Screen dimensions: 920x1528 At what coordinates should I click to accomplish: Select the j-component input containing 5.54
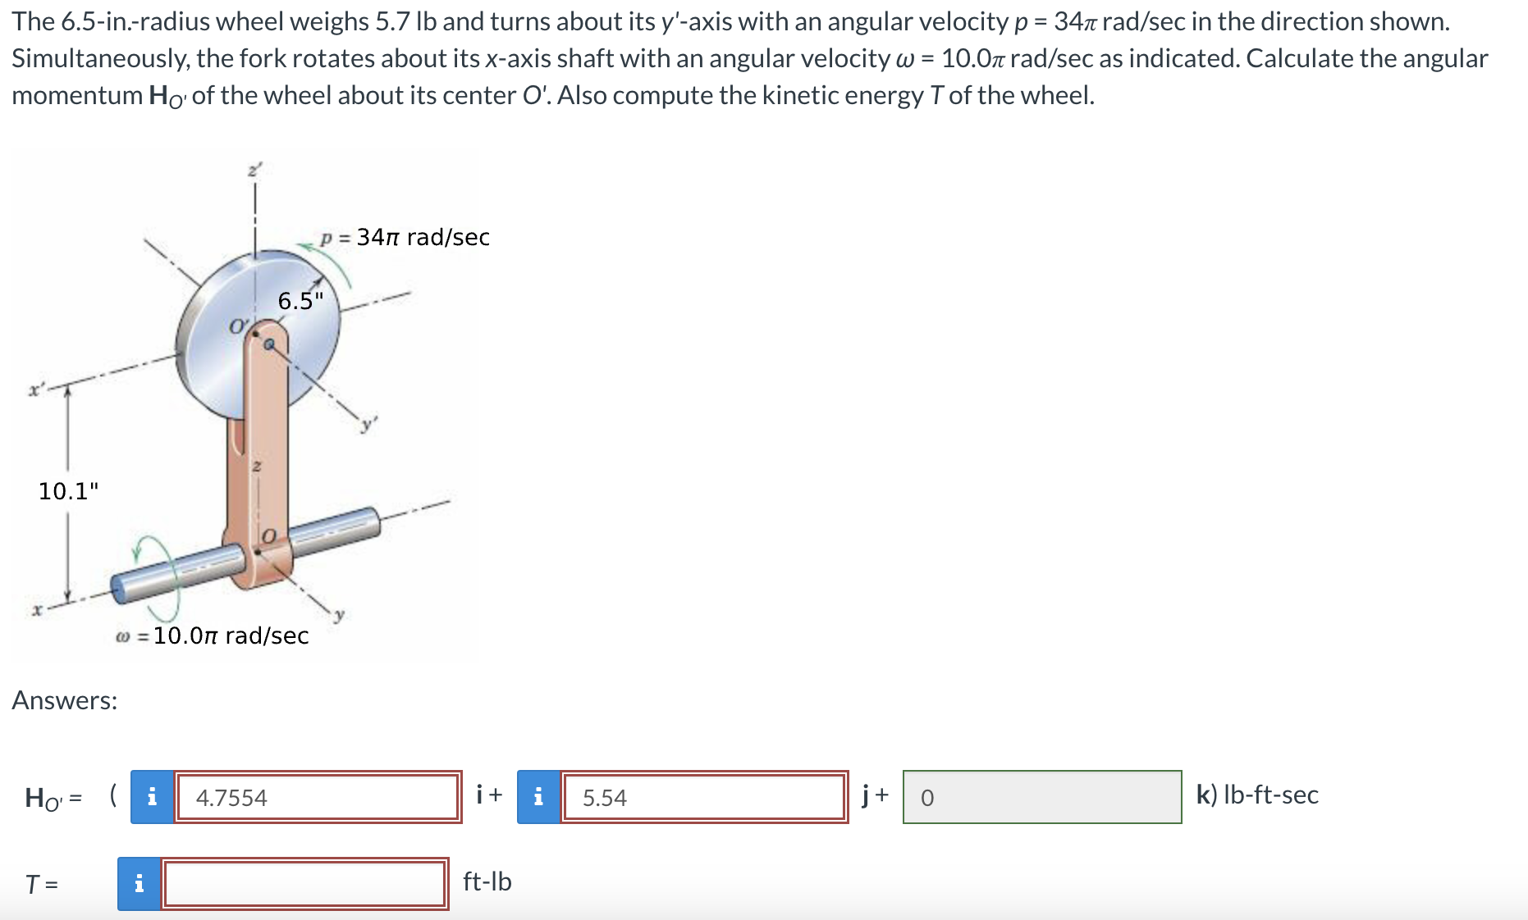pyautogui.click(x=703, y=797)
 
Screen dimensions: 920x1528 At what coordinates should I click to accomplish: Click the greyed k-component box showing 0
pyautogui.click(x=1041, y=797)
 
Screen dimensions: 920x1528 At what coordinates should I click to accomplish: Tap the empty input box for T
pyautogui.click(x=304, y=883)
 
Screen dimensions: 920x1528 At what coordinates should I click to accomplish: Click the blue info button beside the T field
pyautogui.click(x=139, y=883)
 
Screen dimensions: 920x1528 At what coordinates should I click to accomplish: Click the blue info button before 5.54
pyautogui.click(x=538, y=797)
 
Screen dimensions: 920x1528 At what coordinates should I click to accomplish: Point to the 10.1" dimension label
pyautogui.click(x=68, y=491)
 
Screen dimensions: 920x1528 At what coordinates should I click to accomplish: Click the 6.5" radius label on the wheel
pyautogui.click(x=300, y=301)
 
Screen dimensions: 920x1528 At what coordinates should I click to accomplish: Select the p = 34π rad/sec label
pyautogui.click(x=405, y=238)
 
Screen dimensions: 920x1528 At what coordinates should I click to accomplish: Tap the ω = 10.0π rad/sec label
pyautogui.click(x=213, y=635)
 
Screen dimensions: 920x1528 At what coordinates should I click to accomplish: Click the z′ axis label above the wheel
pyautogui.click(x=254, y=171)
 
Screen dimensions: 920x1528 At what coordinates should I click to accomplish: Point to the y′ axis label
pyautogui.click(x=370, y=424)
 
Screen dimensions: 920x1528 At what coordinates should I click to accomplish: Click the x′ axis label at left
pyautogui.click(x=35, y=390)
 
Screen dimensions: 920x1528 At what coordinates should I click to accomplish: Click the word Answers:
pyautogui.click(x=65, y=700)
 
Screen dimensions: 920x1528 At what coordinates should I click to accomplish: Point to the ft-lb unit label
pyautogui.click(x=487, y=881)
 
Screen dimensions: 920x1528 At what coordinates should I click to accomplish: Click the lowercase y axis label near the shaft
pyautogui.click(x=339, y=614)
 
